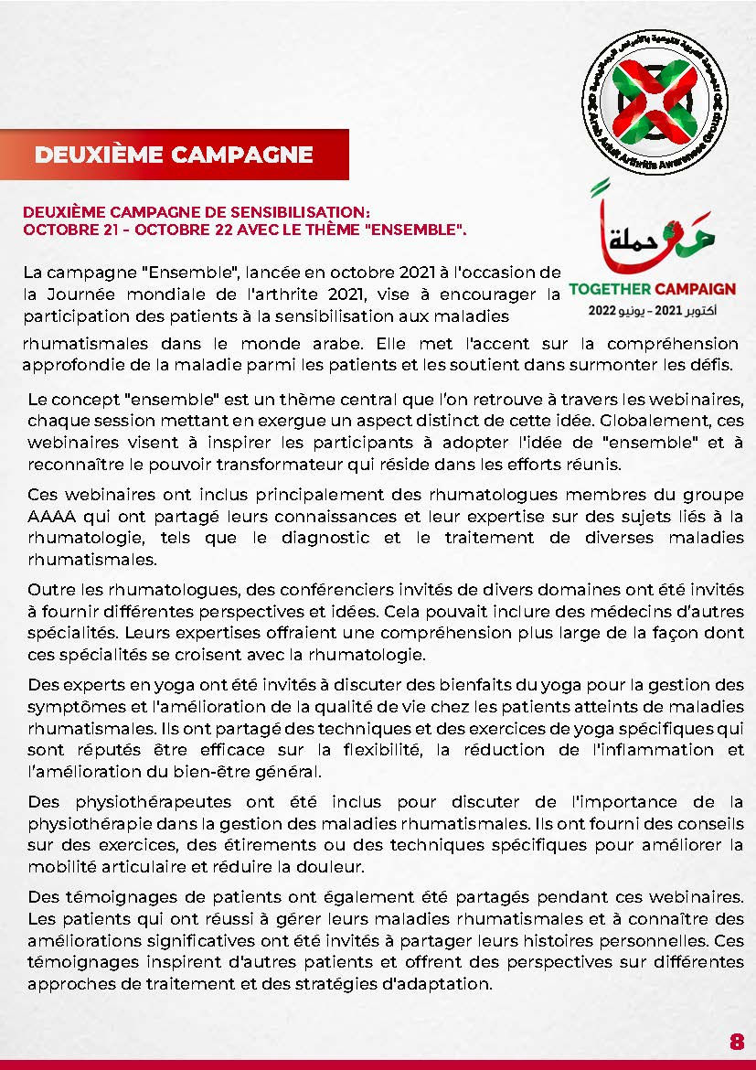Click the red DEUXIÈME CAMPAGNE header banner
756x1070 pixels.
click(174, 155)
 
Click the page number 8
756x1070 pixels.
click(737, 1043)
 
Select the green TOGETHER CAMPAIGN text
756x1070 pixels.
click(652, 289)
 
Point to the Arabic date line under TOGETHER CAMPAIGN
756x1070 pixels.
click(652, 311)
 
